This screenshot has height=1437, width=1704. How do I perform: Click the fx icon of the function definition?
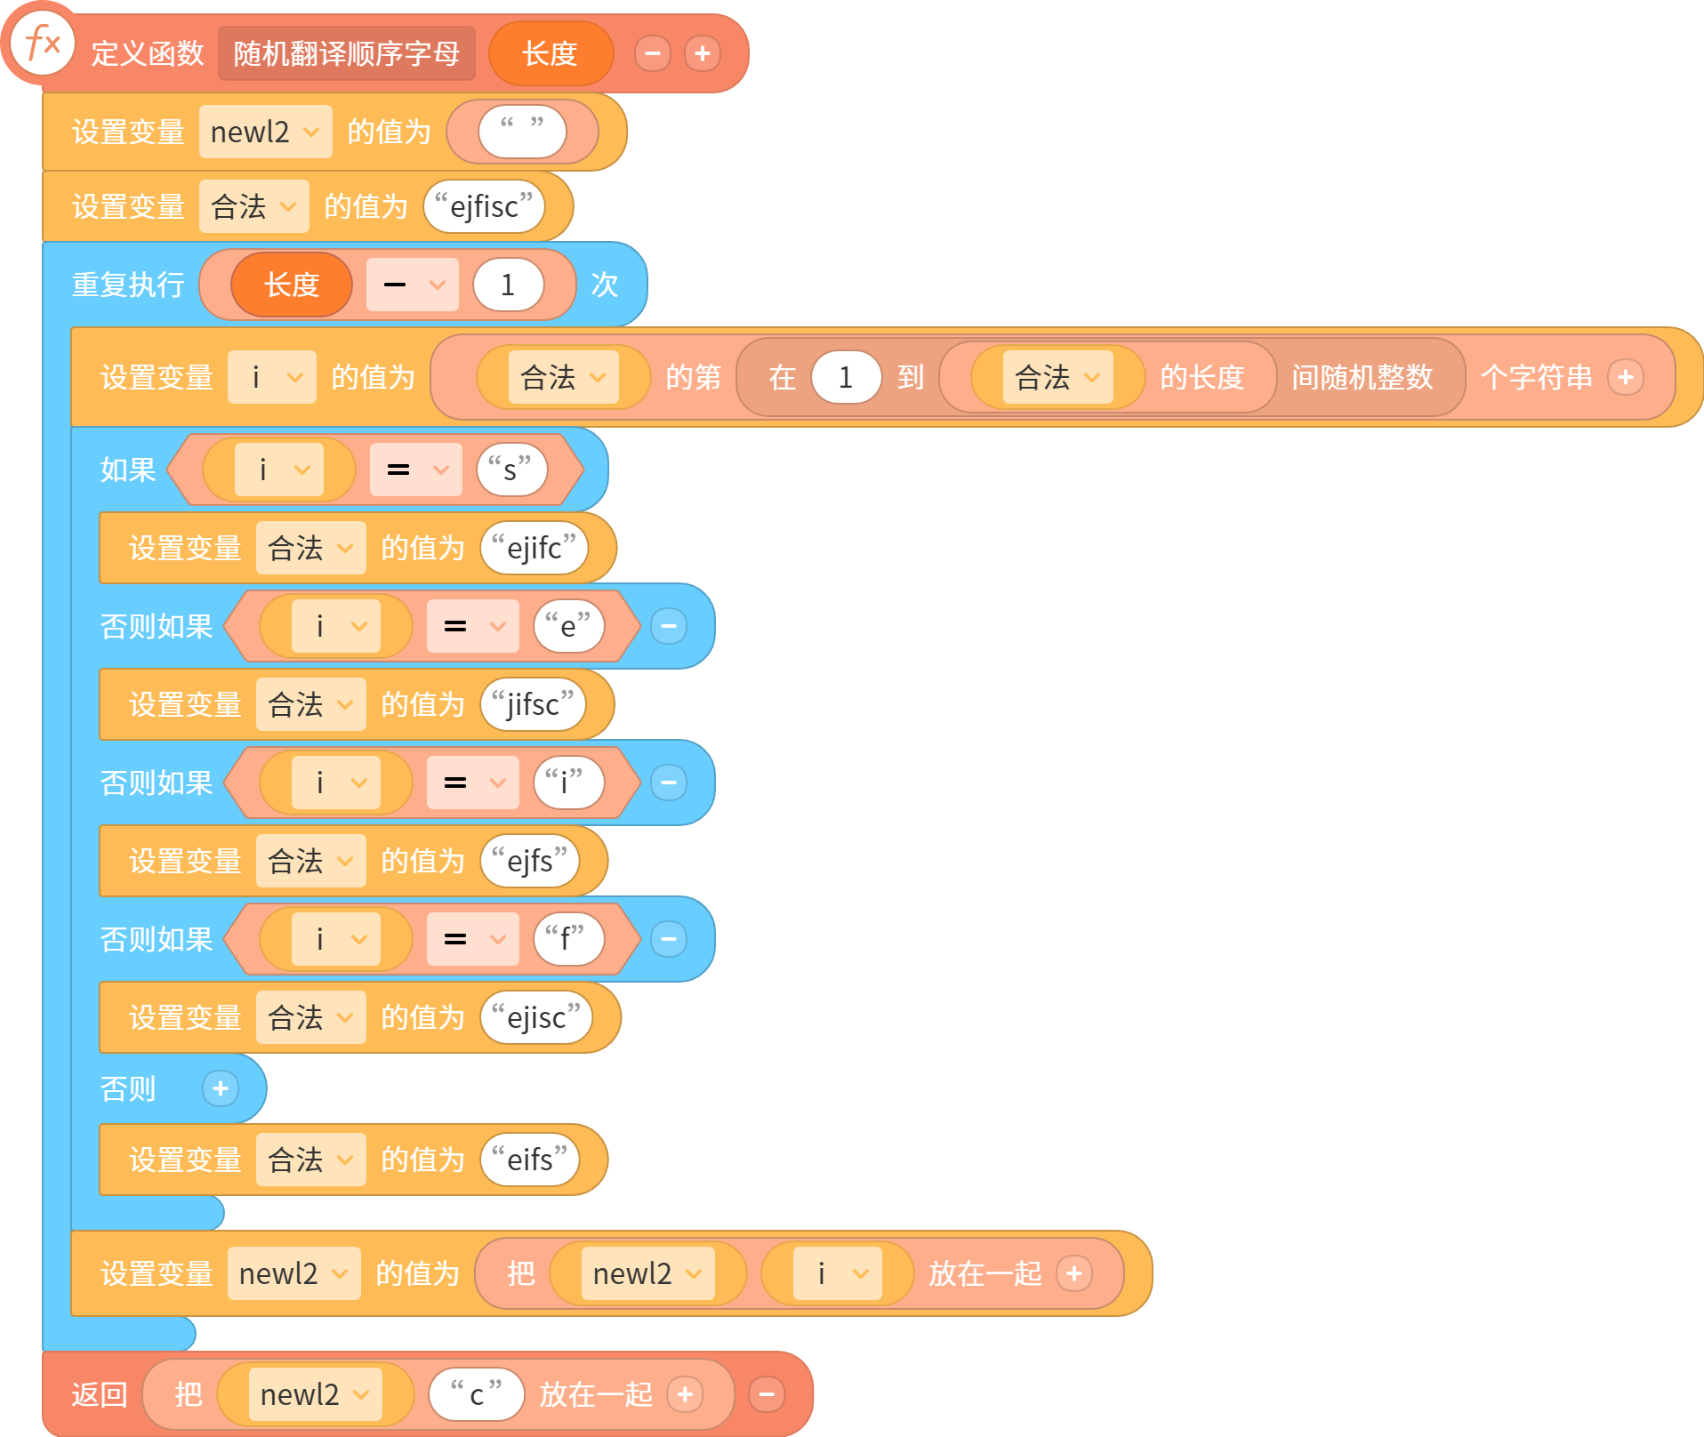[x=42, y=43]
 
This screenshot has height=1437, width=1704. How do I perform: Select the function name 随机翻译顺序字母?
[x=347, y=53]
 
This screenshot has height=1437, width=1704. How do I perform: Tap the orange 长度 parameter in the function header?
[x=551, y=53]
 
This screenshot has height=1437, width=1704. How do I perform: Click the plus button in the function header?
[x=703, y=53]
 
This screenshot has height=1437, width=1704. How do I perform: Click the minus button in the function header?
[x=653, y=53]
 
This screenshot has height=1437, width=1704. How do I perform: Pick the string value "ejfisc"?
[x=485, y=206]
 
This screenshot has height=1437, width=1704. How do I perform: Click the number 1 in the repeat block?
[x=508, y=285]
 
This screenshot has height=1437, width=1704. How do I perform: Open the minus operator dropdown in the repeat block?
[x=413, y=285]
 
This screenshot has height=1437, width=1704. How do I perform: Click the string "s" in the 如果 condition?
[x=510, y=470]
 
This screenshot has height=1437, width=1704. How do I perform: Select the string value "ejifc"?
[x=535, y=548]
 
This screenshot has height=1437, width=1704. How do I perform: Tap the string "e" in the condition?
[x=568, y=626]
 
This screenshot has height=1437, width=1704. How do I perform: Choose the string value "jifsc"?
[x=534, y=704]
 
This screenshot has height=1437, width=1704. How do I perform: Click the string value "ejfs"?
[x=530, y=861]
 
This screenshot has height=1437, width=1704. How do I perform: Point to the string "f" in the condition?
[x=568, y=939]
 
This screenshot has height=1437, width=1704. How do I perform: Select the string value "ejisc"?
[x=536, y=1017]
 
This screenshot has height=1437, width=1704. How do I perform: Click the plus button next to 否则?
[x=221, y=1088]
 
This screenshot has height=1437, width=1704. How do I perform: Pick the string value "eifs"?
[x=530, y=1160]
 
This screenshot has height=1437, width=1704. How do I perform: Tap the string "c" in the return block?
[x=477, y=1394]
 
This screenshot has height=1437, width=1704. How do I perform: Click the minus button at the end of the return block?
[x=767, y=1394]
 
